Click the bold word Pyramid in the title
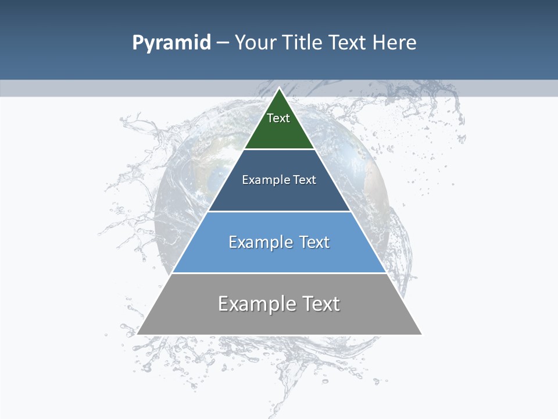coord(171,43)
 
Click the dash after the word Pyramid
coord(223,43)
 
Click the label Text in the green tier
coord(278,118)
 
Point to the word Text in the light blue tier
coord(314,242)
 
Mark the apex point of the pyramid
coord(279,88)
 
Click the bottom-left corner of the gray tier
coord(138,334)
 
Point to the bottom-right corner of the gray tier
coord(421,334)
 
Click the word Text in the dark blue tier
coord(305,180)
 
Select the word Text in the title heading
coord(348,42)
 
